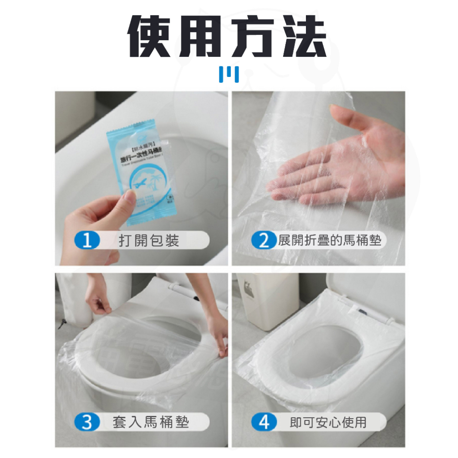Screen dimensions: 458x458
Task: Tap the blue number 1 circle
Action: click(86, 240)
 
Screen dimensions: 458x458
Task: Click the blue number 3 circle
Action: click(86, 422)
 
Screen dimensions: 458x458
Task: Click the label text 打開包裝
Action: click(149, 240)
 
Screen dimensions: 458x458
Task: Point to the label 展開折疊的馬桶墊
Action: click(330, 240)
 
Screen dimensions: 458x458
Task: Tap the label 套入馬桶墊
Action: click(150, 422)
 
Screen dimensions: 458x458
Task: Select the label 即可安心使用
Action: click(328, 422)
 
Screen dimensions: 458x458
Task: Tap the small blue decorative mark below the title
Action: click(228, 75)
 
